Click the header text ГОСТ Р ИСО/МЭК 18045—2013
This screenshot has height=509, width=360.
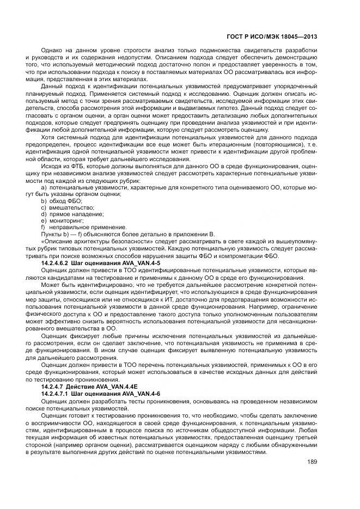[271, 37]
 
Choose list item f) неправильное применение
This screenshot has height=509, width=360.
[76, 227]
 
